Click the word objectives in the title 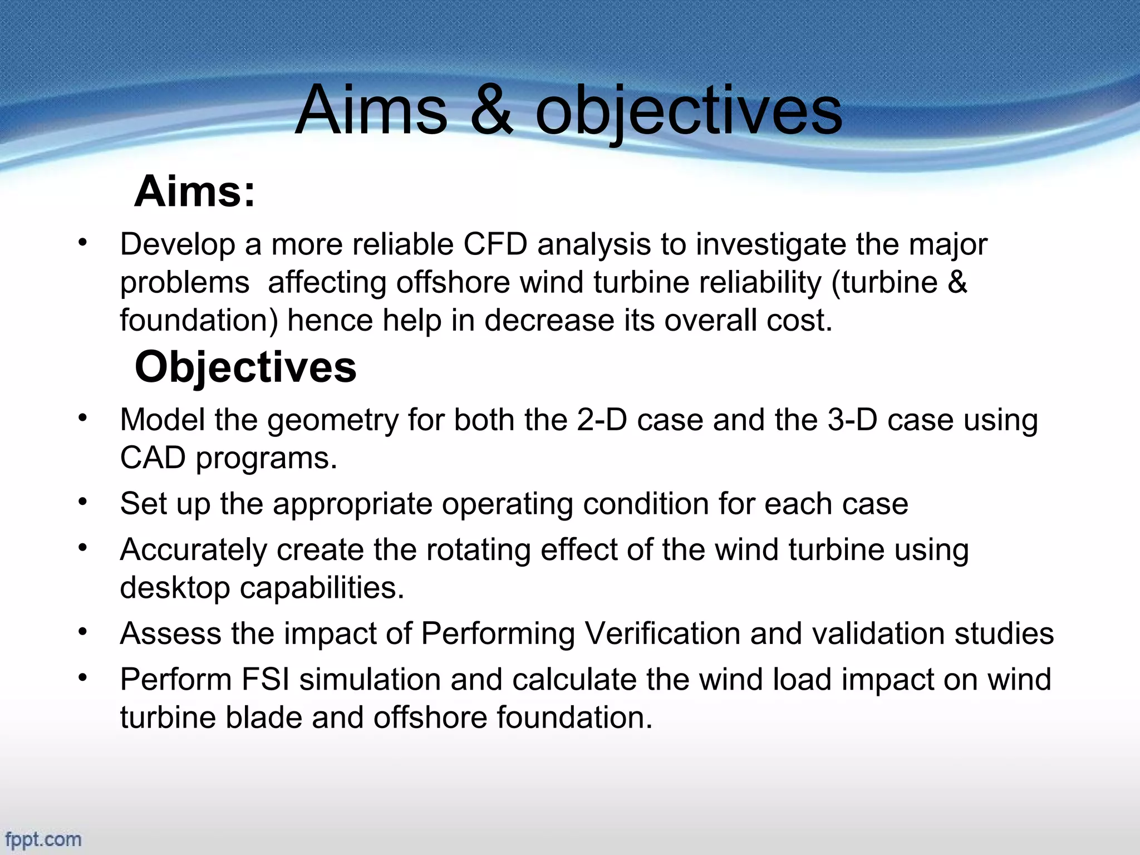[x=689, y=111]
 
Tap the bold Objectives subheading [x=245, y=367]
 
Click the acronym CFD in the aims [x=495, y=244]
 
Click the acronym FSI [x=266, y=680]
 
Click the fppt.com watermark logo [x=43, y=839]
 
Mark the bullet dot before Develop [x=83, y=243]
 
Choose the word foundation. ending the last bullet [x=574, y=718]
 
